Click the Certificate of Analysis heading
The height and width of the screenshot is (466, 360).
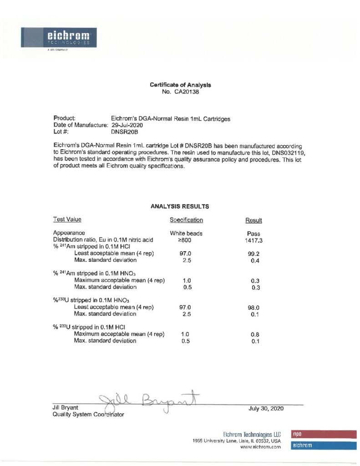click(180, 85)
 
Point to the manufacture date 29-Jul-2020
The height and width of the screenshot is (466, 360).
click(127, 125)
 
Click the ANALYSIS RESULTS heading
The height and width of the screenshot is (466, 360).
click(180, 206)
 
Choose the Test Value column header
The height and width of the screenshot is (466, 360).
click(67, 219)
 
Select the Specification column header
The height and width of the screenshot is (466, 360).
click(186, 220)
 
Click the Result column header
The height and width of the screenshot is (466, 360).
click(254, 221)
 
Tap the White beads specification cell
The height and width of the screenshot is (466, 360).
click(186, 233)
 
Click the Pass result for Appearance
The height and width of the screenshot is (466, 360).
click(254, 233)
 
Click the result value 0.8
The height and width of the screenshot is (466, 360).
click(255, 334)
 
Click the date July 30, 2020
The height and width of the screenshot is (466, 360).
click(266, 408)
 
